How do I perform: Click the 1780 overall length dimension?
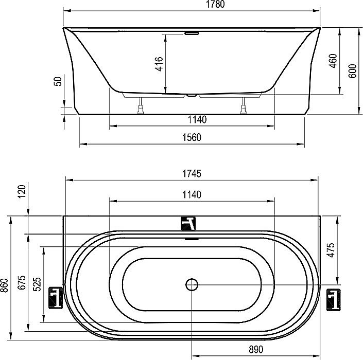click(x=215, y=4)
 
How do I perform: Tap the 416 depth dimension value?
click(x=159, y=64)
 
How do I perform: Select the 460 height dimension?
click(x=333, y=61)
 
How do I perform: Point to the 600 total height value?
click(x=352, y=71)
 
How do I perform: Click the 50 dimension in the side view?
click(x=58, y=81)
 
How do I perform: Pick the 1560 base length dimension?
click(x=192, y=137)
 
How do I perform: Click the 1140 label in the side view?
click(x=197, y=119)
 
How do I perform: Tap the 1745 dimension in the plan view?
click(x=192, y=173)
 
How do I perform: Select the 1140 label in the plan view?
click(x=192, y=195)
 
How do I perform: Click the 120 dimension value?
click(x=22, y=191)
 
